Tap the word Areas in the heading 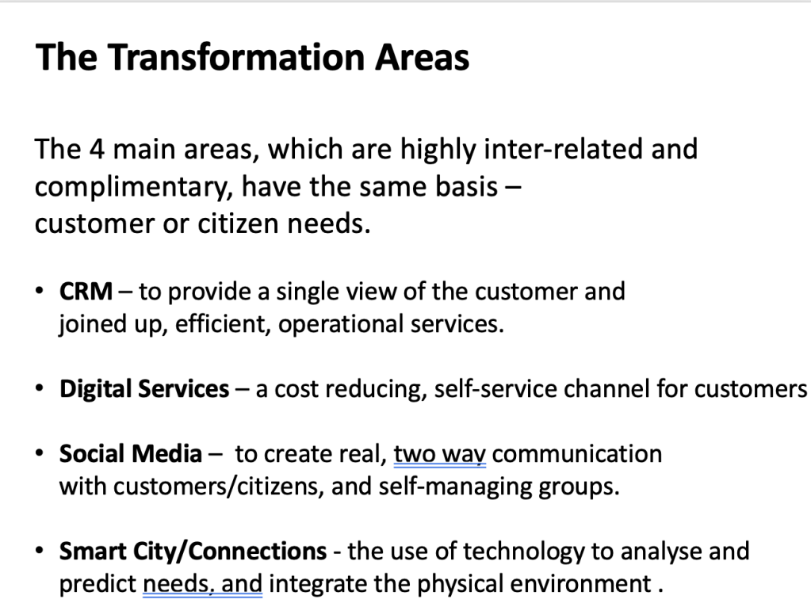pyautogui.click(x=422, y=57)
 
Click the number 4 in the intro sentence pyautogui.click(x=97, y=150)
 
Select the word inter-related pyautogui.click(x=563, y=149)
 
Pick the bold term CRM pyautogui.click(x=86, y=291)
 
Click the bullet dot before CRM pyautogui.click(x=40, y=290)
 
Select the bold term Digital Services pyautogui.click(x=144, y=389)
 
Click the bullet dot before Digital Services pyautogui.click(x=40, y=387)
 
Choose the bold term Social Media pyautogui.click(x=130, y=453)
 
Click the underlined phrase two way pyautogui.click(x=440, y=455)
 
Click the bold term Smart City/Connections pyautogui.click(x=193, y=552)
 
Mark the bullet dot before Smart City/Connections pyautogui.click(x=40, y=550)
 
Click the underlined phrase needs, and pyautogui.click(x=203, y=585)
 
